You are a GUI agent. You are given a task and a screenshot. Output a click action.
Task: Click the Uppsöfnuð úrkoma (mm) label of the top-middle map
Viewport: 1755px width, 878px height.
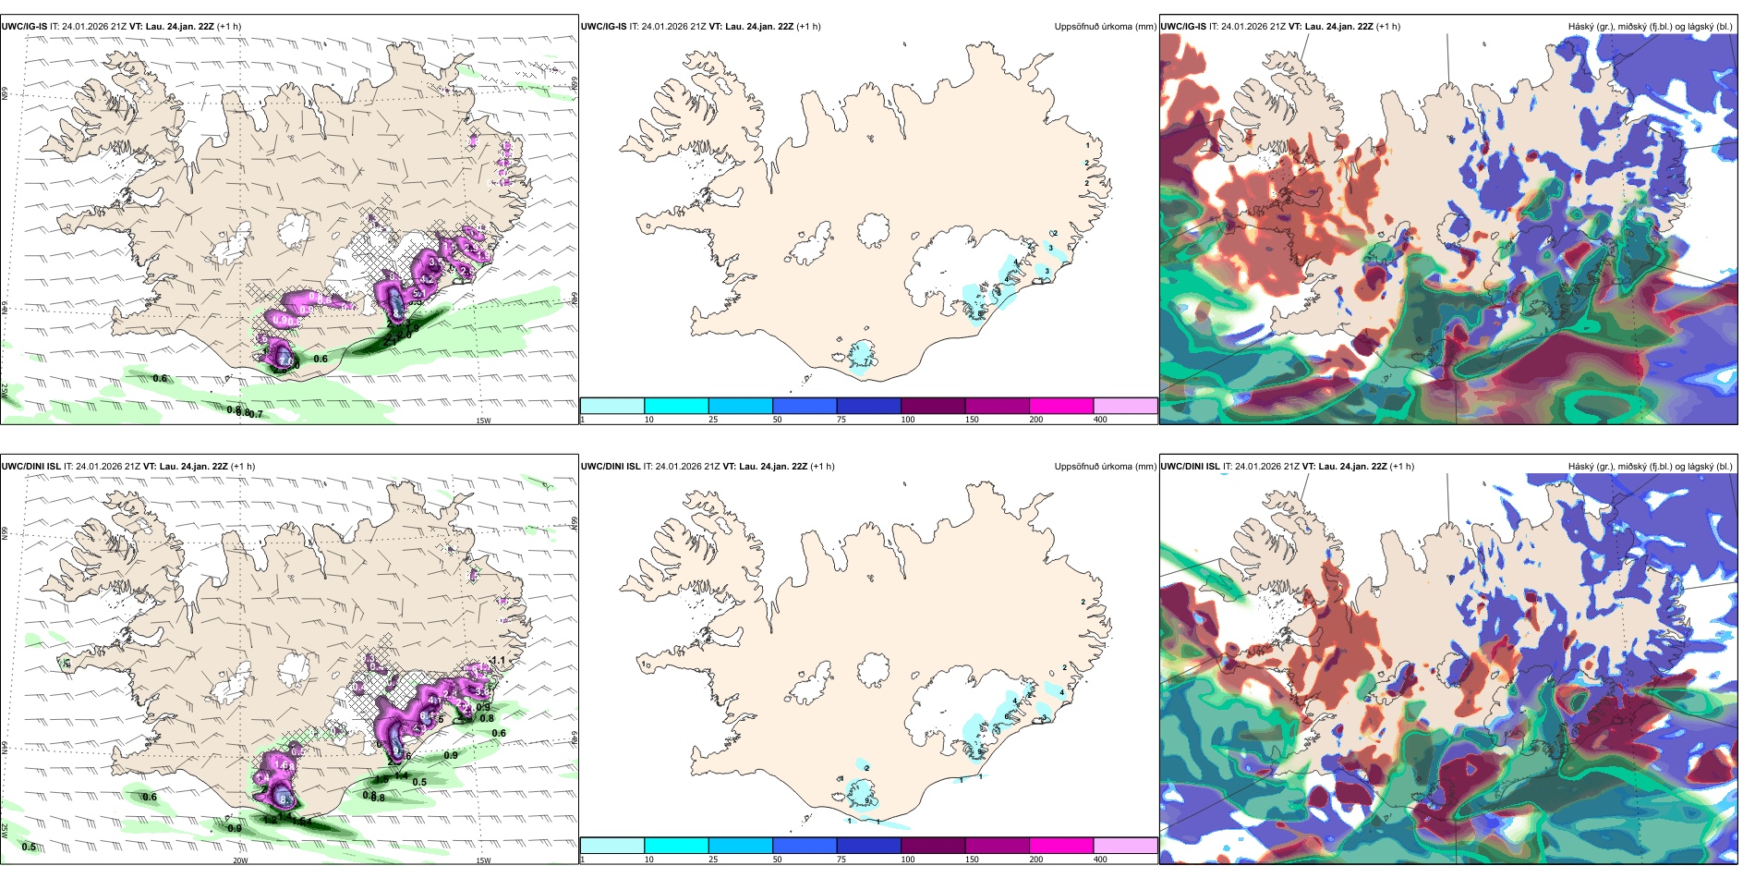point(1105,27)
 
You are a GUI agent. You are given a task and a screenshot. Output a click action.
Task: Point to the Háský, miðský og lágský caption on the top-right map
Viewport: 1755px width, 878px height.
point(1650,27)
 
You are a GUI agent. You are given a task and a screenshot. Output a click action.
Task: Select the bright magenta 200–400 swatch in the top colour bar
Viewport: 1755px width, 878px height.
point(1061,406)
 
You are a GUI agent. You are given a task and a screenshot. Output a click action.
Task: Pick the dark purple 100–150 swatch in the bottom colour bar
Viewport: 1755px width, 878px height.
point(933,846)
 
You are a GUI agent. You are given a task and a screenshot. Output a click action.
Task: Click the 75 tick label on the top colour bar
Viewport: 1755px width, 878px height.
point(841,420)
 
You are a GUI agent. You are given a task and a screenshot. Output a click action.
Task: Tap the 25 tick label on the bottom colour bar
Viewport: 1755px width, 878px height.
point(713,860)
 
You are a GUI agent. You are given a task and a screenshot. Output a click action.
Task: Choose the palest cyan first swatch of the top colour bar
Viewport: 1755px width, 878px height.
point(612,406)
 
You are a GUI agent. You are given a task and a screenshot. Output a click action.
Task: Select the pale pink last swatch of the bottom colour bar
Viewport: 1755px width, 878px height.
point(1125,846)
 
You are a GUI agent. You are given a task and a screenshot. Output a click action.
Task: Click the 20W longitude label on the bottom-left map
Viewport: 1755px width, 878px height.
point(240,860)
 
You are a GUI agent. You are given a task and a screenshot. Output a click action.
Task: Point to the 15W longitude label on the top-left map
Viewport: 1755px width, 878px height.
point(483,421)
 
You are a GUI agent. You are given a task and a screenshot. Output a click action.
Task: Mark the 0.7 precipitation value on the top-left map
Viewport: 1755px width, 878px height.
point(256,414)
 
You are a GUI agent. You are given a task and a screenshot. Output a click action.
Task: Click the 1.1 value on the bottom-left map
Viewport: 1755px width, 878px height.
point(499,661)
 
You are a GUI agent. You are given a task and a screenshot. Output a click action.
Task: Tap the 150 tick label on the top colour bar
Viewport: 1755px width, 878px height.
point(972,420)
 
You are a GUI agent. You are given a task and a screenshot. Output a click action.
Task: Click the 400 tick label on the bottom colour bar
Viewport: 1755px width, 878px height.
point(1100,860)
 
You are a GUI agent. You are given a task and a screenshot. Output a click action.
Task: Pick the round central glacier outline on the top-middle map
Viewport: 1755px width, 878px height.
point(874,230)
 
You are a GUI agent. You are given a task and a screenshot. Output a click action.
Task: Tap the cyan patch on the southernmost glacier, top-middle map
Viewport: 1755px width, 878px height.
point(863,354)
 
